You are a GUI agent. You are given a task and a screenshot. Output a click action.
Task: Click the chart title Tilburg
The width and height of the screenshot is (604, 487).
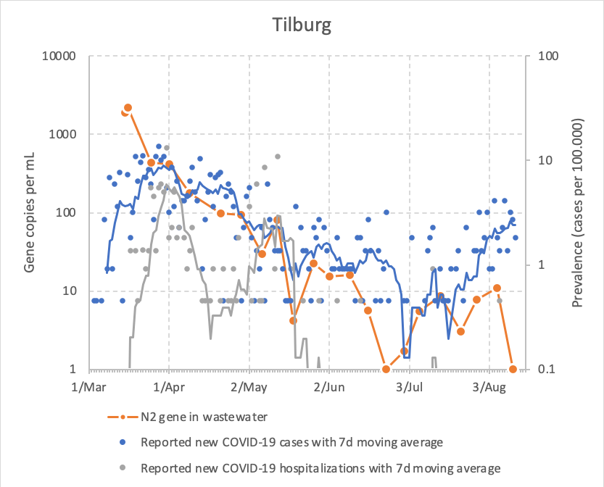click(302, 26)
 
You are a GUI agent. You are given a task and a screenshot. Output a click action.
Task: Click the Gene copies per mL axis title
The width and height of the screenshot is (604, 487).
click(30, 212)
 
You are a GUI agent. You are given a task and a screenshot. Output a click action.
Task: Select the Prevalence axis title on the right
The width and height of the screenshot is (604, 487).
click(578, 212)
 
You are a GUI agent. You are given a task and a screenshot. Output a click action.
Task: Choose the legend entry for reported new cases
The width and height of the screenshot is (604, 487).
click(291, 441)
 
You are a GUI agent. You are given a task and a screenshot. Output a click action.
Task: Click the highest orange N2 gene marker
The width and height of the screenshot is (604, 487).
click(128, 108)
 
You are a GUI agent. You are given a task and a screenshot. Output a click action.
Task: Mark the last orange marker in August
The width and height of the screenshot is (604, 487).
click(513, 369)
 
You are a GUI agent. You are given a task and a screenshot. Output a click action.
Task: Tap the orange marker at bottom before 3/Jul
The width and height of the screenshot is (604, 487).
click(386, 369)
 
